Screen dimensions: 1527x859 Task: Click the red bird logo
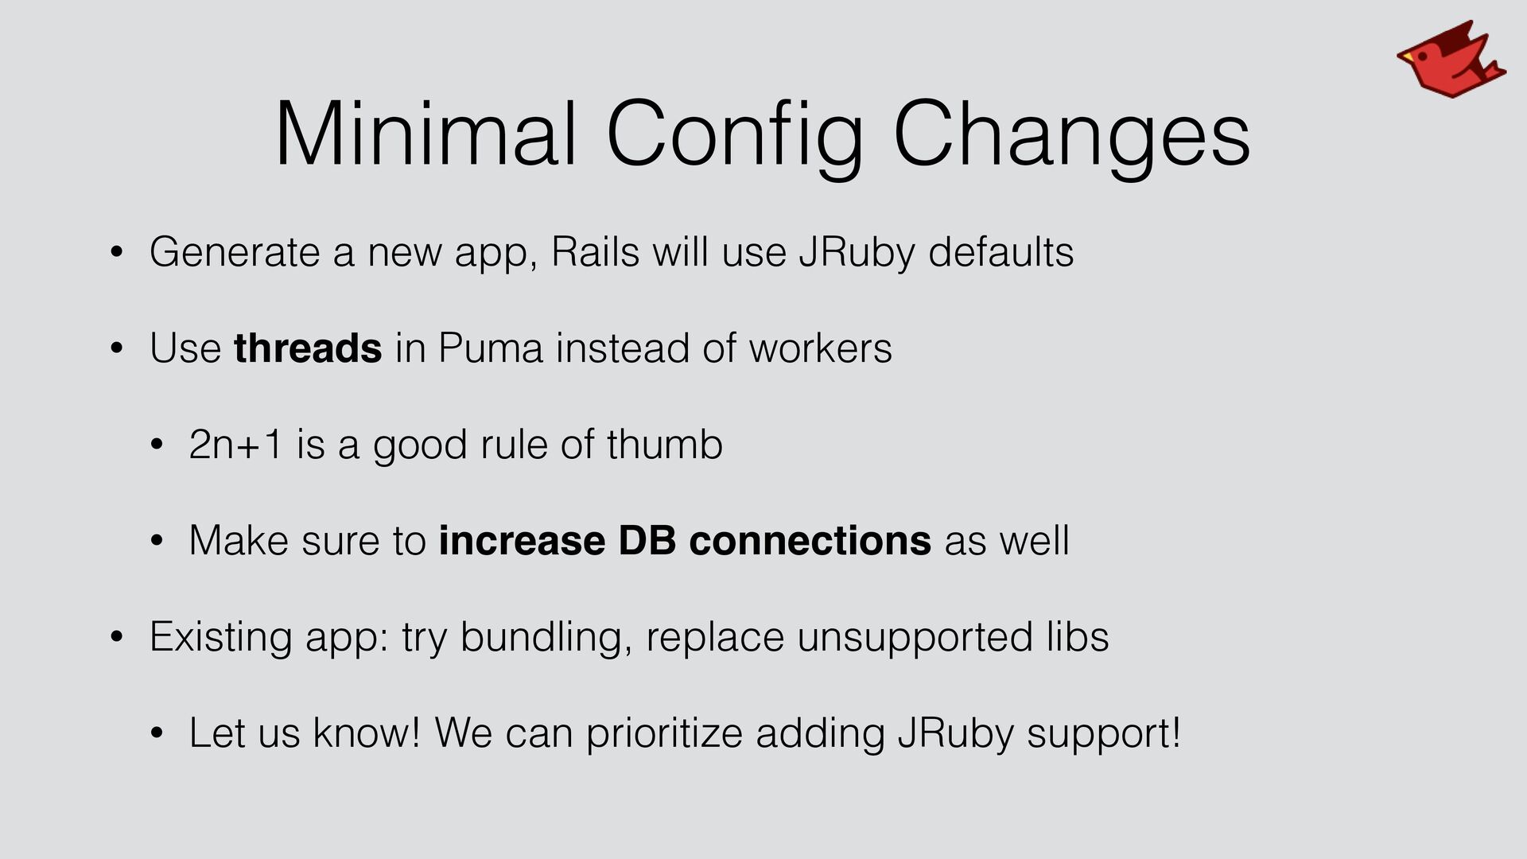(x=1451, y=60)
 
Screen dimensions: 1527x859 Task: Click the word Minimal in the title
(x=425, y=133)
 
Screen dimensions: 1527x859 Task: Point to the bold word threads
(x=308, y=348)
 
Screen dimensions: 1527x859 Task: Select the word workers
(x=821, y=348)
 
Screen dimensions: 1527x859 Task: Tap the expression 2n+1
(x=236, y=445)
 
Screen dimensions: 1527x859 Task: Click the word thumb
(x=665, y=444)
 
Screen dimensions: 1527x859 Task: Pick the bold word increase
(x=522, y=541)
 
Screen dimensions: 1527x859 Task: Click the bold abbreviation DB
(x=647, y=541)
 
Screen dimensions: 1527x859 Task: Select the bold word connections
(x=810, y=541)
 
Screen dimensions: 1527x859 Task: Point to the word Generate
(x=235, y=252)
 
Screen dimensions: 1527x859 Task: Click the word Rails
(x=596, y=252)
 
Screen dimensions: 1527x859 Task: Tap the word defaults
(x=1001, y=252)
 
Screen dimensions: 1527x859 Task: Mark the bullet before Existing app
(x=117, y=637)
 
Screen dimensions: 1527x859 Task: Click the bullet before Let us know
(x=157, y=733)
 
